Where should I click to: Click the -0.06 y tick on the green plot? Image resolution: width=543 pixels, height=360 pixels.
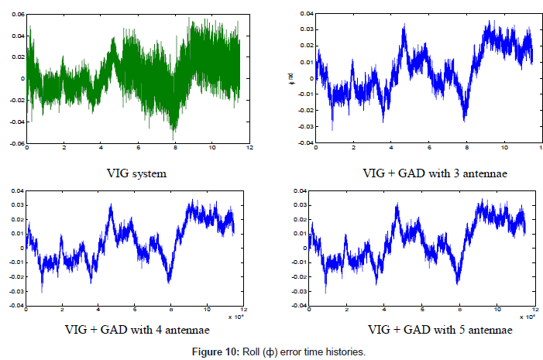point(14,143)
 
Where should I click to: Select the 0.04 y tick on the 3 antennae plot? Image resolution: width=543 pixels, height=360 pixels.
point(307,14)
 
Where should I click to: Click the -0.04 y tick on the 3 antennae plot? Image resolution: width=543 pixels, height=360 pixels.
point(305,143)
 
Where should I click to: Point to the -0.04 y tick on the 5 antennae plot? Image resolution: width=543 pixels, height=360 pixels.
point(305,305)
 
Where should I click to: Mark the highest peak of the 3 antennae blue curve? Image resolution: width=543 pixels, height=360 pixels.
point(488,22)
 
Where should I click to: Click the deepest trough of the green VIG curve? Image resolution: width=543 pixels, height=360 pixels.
point(175,137)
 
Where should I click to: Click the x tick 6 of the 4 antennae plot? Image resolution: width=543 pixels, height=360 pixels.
point(134,310)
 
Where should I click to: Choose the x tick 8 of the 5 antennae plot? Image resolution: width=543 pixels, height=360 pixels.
point(459,310)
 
